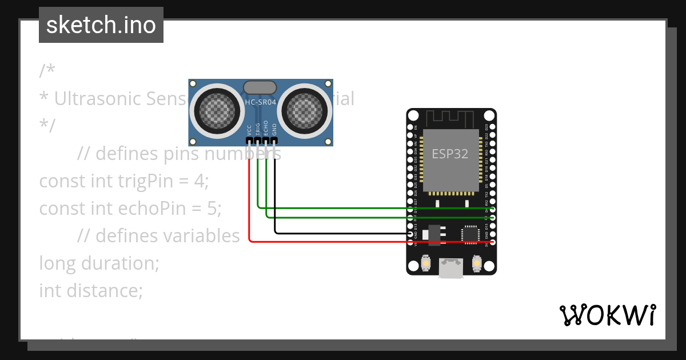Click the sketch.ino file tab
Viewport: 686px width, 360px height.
(101, 25)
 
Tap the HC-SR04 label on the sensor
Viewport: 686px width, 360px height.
(260, 102)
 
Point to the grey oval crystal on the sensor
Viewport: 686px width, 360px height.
(260, 87)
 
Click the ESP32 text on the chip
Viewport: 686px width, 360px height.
(450, 154)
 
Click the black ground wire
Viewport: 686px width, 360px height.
(343, 233)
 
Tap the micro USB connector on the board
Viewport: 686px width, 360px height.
(451, 268)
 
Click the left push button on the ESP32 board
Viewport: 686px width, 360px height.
(425, 263)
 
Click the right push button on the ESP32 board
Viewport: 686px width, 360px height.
(477, 263)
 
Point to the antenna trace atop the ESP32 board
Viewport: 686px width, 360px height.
(451, 118)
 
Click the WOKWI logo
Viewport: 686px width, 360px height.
(607, 315)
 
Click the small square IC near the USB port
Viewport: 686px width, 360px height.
(470, 233)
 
